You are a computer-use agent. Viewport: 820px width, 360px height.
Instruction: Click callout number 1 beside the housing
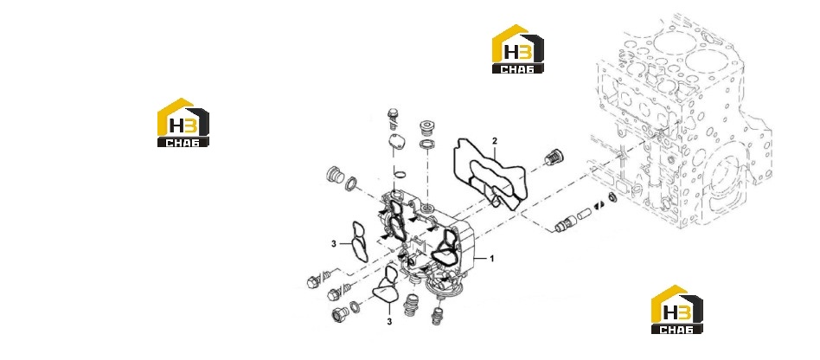tap(491, 258)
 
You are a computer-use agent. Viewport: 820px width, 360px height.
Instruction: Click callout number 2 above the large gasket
tap(495, 140)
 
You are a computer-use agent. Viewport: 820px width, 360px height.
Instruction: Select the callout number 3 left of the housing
tap(333, 244)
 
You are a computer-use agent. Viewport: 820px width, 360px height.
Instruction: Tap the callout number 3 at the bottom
tap(389, 322)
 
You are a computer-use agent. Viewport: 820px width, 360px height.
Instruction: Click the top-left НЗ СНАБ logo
tap(183, 122)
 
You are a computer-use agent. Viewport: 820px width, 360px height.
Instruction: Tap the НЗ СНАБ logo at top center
tap(518, 48)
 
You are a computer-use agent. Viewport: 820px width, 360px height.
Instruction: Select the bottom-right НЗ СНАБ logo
tap(676, 309)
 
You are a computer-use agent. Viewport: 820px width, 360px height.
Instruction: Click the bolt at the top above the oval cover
tap(394, 119)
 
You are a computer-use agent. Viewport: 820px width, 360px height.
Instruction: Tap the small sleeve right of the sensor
tap(586, 214)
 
